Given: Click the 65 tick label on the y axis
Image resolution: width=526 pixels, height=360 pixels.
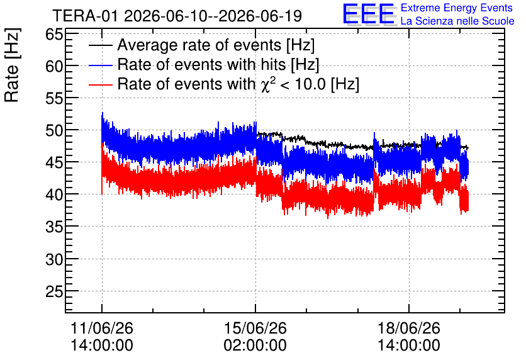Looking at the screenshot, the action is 54,34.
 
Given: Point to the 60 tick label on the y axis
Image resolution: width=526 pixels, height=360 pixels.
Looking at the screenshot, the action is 54,66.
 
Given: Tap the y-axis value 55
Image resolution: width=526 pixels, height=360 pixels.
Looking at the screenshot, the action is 54,98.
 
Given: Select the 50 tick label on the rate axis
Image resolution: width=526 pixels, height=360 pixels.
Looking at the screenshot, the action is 54,130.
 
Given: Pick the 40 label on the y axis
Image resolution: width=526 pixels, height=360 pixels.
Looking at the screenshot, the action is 54,194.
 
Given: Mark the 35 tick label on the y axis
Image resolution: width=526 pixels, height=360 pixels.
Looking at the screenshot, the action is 54,227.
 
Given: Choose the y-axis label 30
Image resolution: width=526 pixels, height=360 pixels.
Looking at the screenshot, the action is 54,259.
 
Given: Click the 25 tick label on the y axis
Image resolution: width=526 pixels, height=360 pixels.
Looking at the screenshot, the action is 54,291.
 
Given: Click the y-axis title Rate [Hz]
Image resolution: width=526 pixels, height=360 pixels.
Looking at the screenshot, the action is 12,65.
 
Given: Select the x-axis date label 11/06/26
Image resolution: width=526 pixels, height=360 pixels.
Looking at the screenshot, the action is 102,328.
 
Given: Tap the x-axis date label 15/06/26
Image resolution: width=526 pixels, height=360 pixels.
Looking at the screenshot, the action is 255,328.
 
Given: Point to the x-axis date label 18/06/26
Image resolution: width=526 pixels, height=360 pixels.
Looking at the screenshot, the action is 409,328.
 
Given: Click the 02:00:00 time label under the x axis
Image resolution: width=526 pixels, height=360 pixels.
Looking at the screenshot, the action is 255,346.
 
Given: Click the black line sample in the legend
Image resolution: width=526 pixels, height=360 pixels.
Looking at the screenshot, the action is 100,45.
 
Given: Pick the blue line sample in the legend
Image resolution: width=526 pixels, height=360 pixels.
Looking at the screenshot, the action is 100,65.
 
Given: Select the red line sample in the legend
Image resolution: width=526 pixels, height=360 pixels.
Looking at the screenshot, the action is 100,84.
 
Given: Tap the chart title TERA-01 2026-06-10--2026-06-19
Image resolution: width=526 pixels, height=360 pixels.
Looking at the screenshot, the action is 177,16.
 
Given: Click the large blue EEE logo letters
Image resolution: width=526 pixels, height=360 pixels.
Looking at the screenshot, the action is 369,14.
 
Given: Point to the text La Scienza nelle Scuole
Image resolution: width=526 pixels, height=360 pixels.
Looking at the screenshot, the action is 457,21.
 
